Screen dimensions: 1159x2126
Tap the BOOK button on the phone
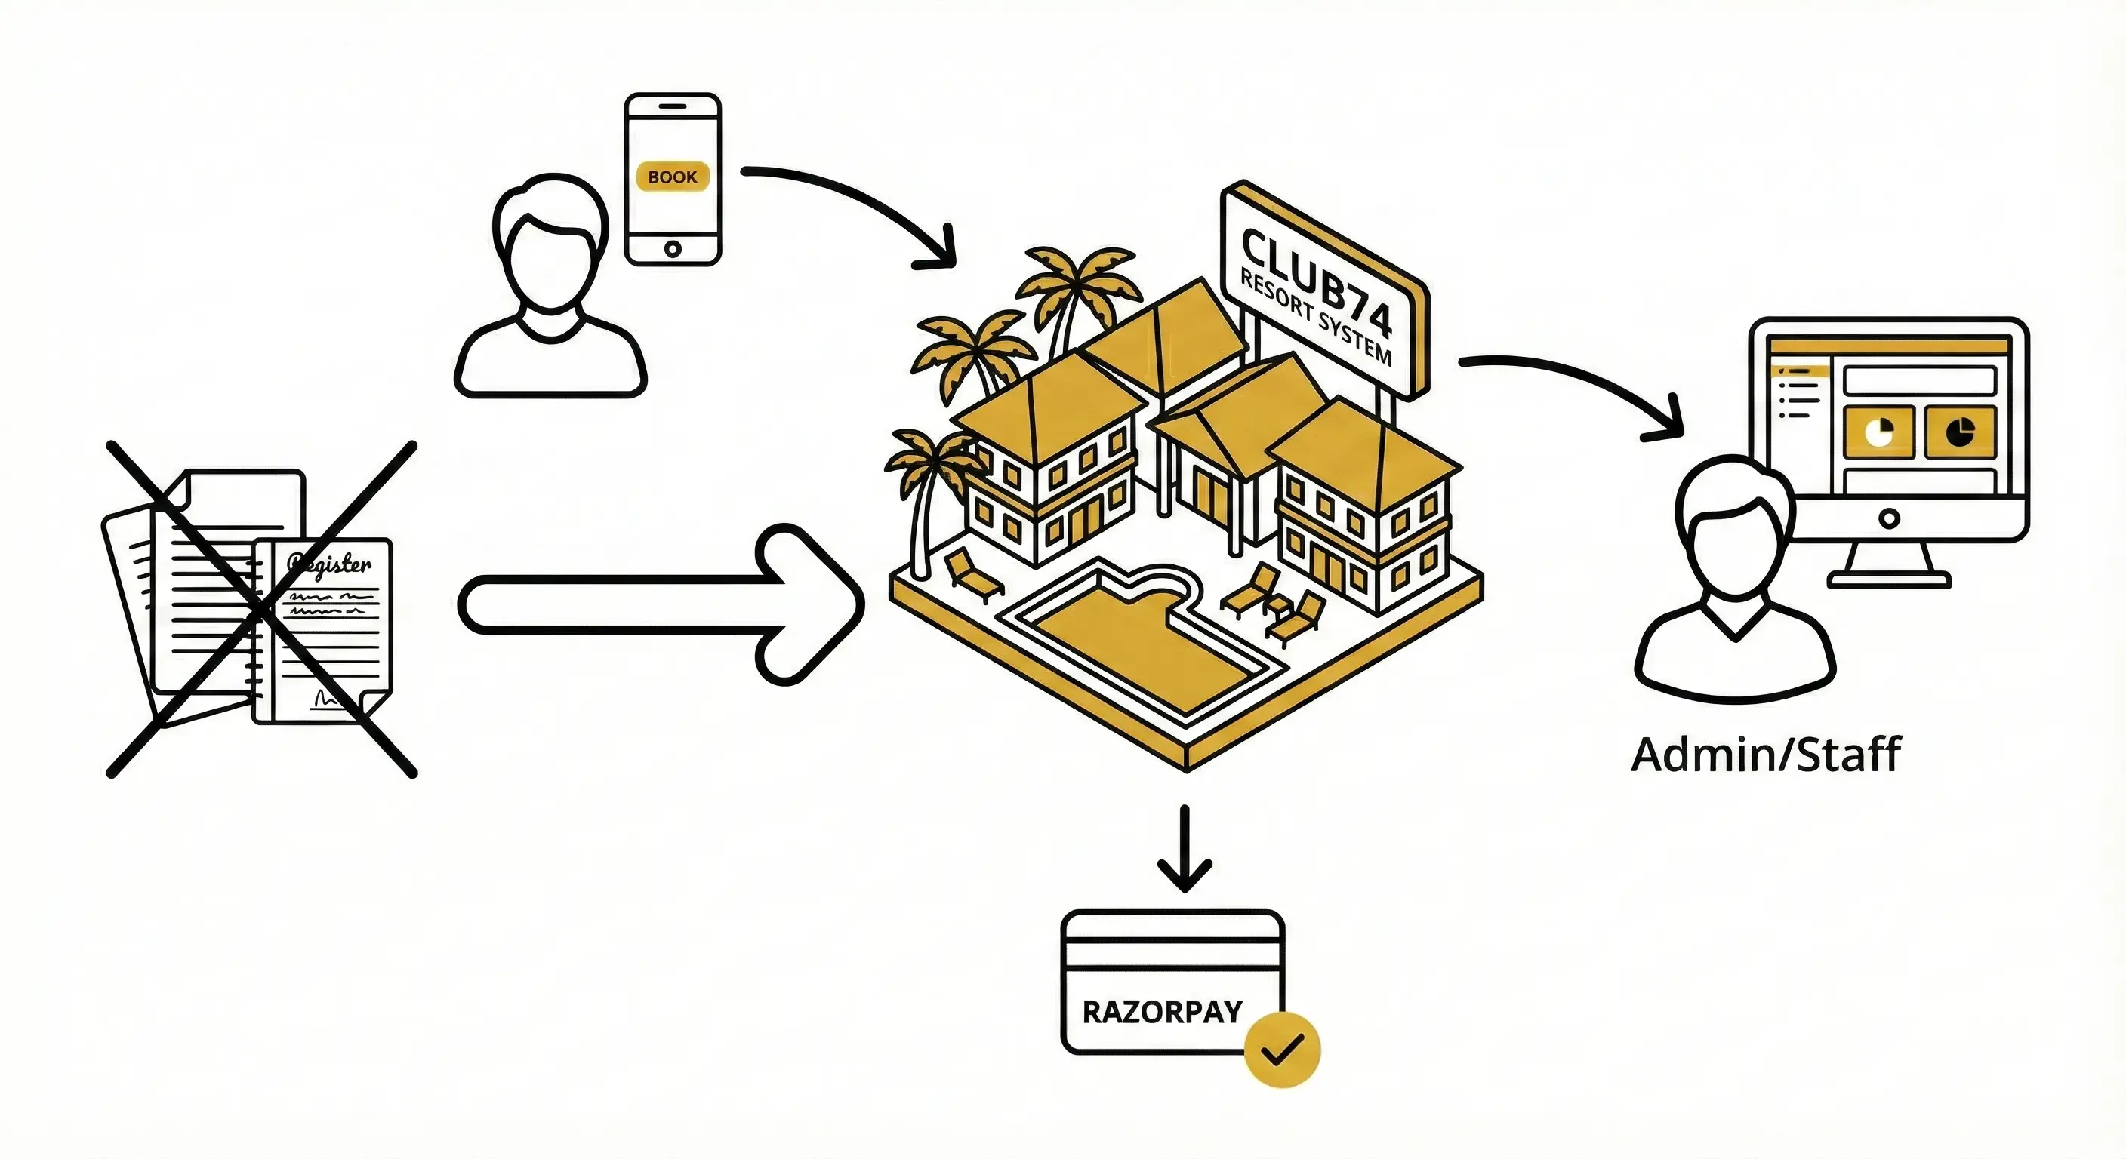(x=673, y=177)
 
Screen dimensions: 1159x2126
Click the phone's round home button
(x=673, y=248)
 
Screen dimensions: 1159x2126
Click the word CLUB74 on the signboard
(x=1317, y=281)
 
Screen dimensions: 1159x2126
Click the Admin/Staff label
(x=1765, y=755)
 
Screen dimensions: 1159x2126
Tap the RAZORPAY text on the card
(x=1162, y=1012)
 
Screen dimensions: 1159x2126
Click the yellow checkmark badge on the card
(x=1282, y=1050)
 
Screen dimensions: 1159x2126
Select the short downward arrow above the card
(x=1185, y=850)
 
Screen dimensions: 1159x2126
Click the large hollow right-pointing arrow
(x=661, y=604)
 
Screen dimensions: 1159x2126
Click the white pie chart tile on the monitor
(x=1878, y=432)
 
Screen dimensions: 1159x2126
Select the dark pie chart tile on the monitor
(x=1960, y=432)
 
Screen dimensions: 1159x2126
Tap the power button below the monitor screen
(x=1888, y=519)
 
